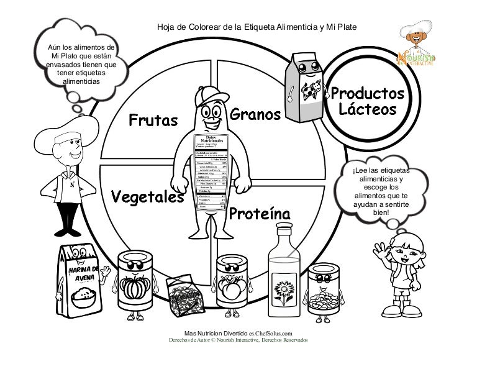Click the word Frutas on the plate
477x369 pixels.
[x=153, y=119]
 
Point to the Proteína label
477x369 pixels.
[x=260, y=214]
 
